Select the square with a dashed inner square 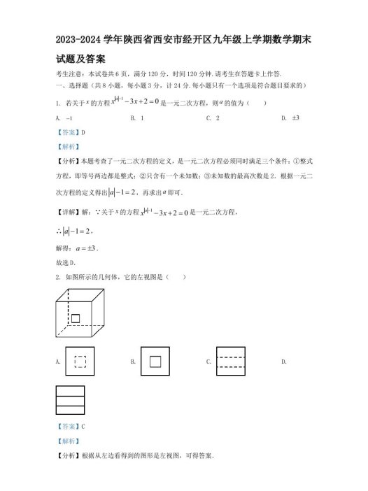80,362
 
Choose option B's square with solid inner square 155,362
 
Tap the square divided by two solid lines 69,401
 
